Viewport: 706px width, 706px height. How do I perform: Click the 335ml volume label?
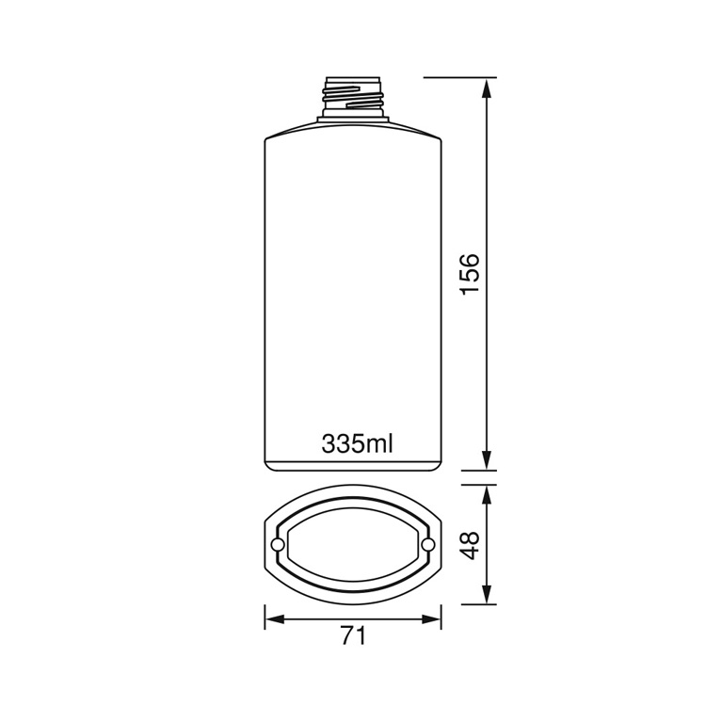tap(356, 443)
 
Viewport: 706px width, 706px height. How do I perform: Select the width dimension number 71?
tap(352, 636)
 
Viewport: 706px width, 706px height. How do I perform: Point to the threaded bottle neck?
tap(352, 93)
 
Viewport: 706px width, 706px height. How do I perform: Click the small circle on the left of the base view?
tap(278, 546)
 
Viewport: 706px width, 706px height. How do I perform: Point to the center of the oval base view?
tap(352, 546)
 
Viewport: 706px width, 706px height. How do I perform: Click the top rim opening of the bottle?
tap(352, 77)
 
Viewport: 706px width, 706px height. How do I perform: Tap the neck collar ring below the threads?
tap(352, 116)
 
